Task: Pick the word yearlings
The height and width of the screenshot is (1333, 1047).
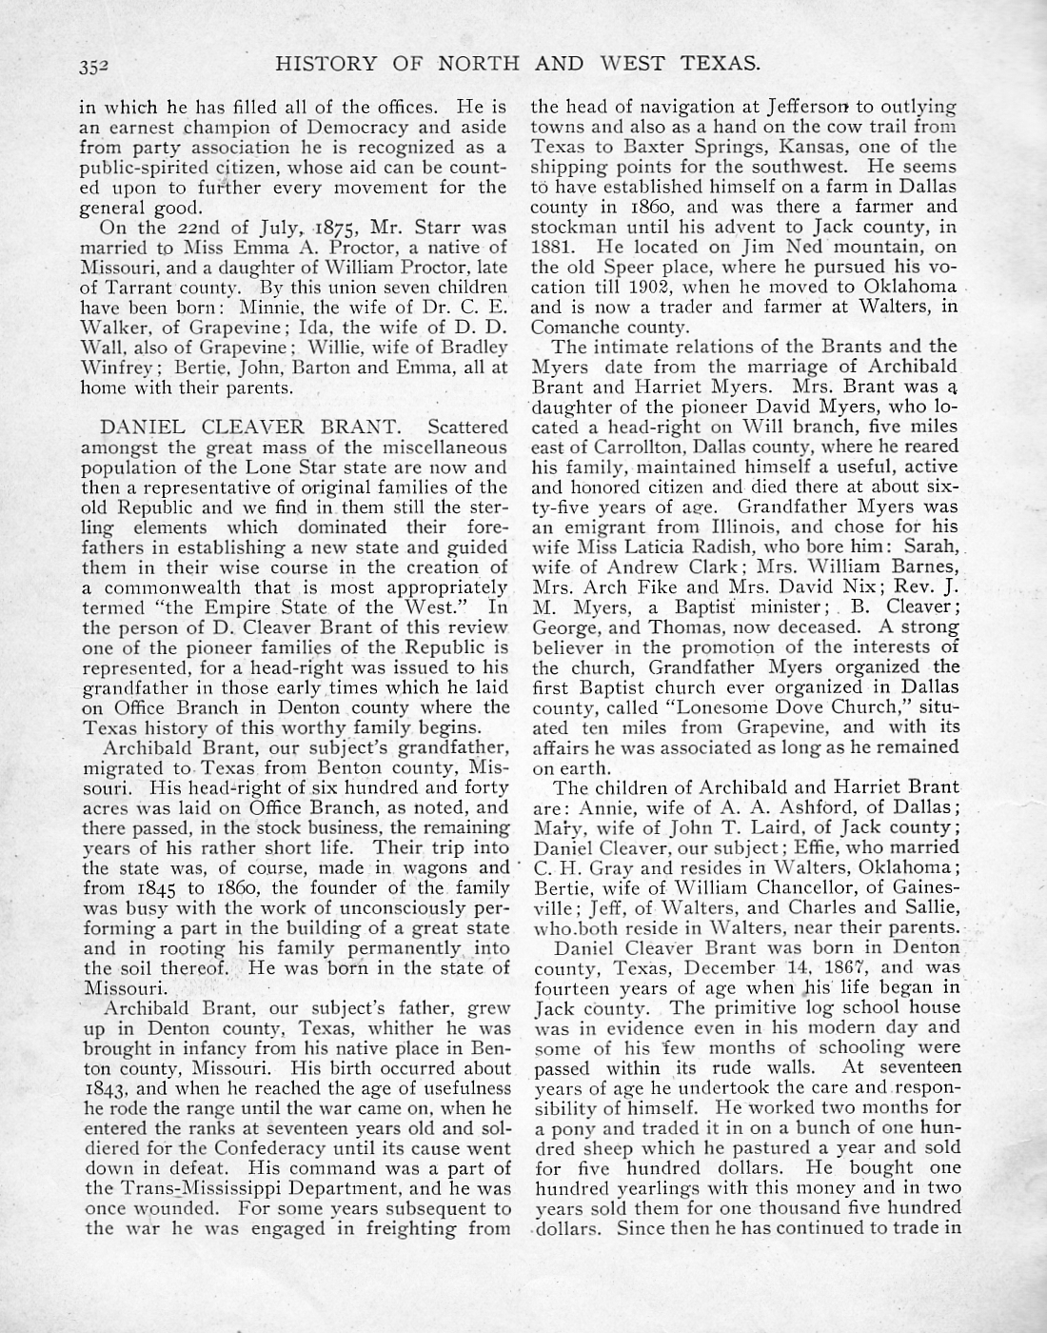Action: click(646, 1187)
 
